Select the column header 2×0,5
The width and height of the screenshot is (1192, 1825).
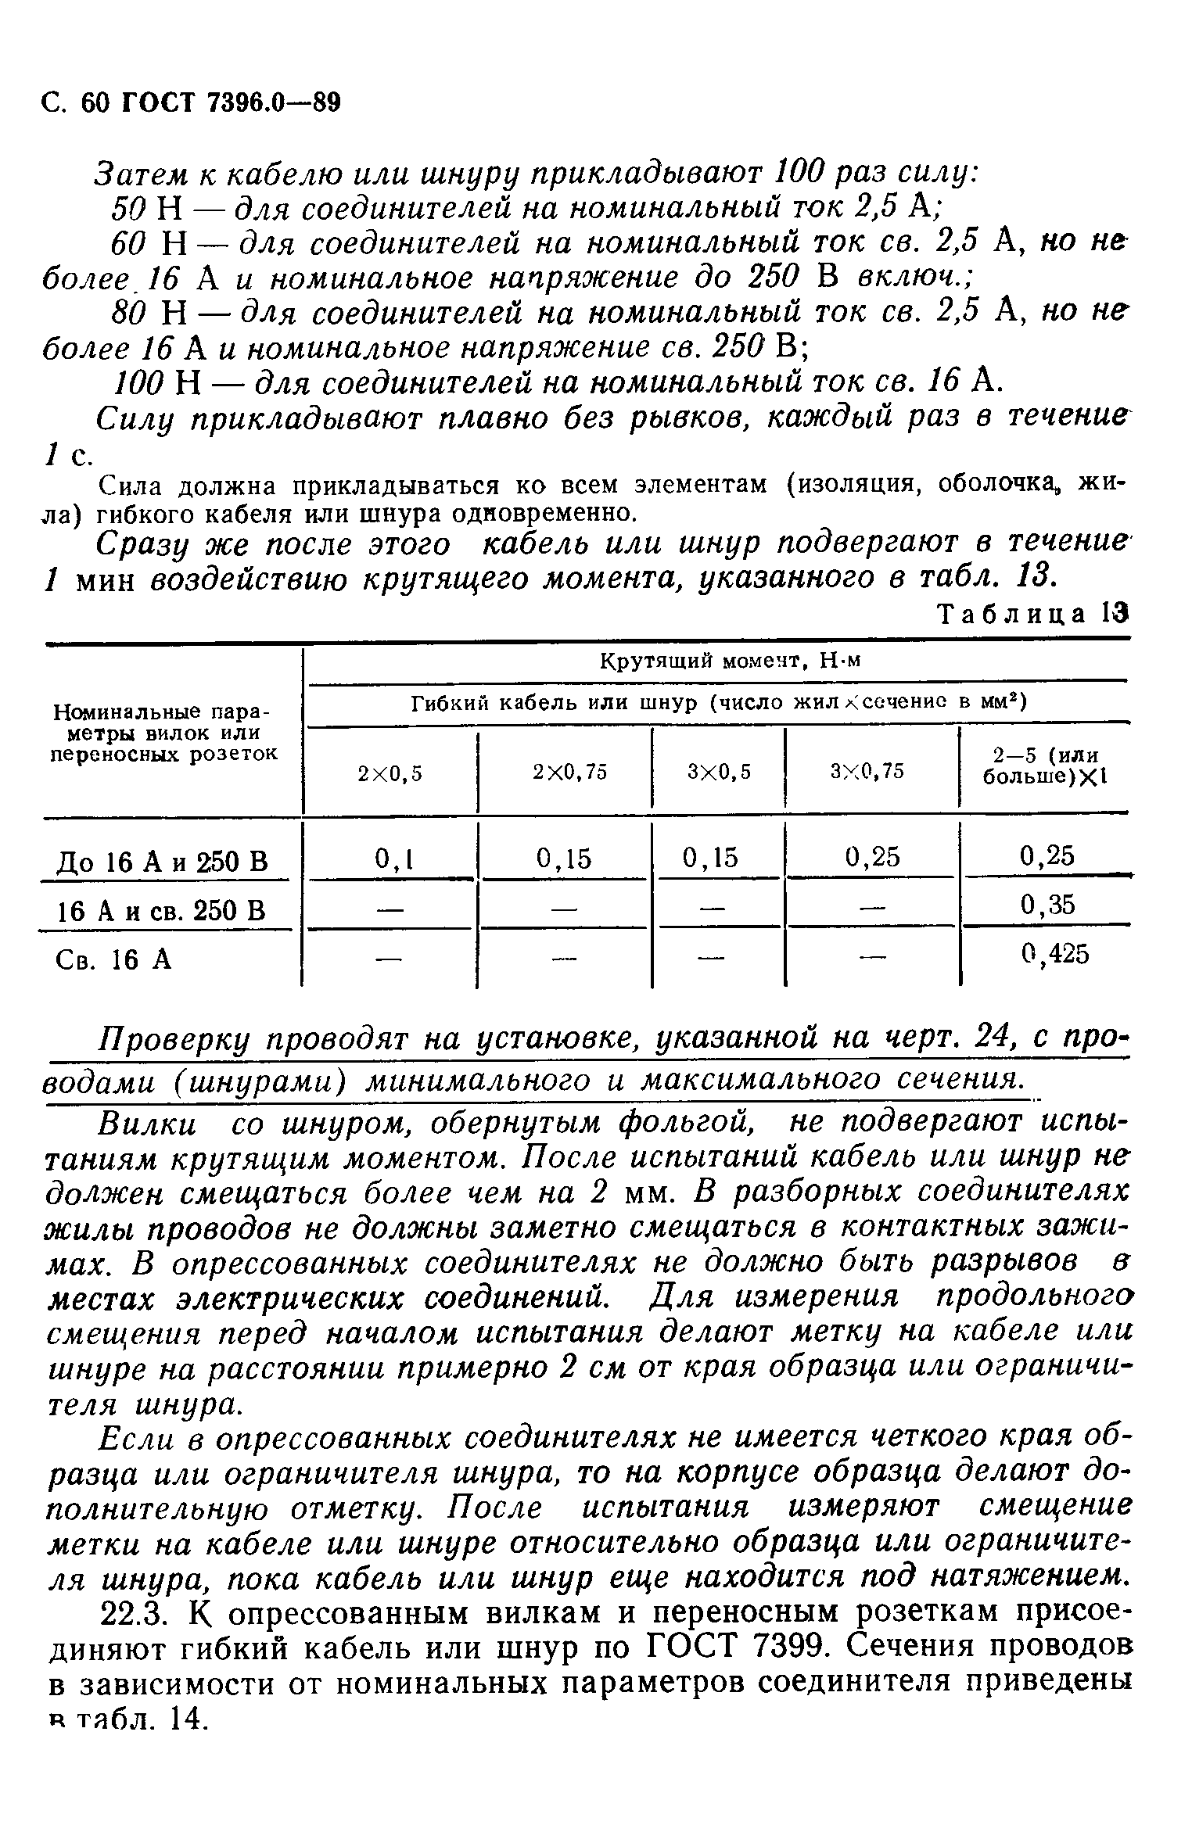click(x=390, y=773)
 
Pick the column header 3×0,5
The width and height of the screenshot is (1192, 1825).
click(x=719, y=773)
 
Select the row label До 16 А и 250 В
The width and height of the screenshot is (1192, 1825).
click(x=163, y=862)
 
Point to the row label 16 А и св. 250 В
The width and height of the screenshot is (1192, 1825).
click(x=162, y=911)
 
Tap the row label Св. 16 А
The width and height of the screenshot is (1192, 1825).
click(x=114, y=959)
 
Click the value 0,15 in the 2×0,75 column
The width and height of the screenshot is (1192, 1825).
click(x=564, y=859)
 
